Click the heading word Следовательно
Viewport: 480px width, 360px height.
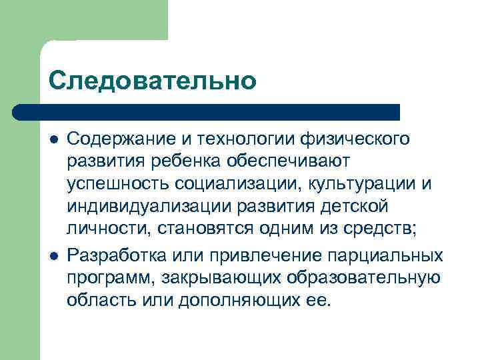click(152, 81)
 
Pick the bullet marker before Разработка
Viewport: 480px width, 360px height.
click(53, 255)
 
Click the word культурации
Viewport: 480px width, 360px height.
click(357, 185)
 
